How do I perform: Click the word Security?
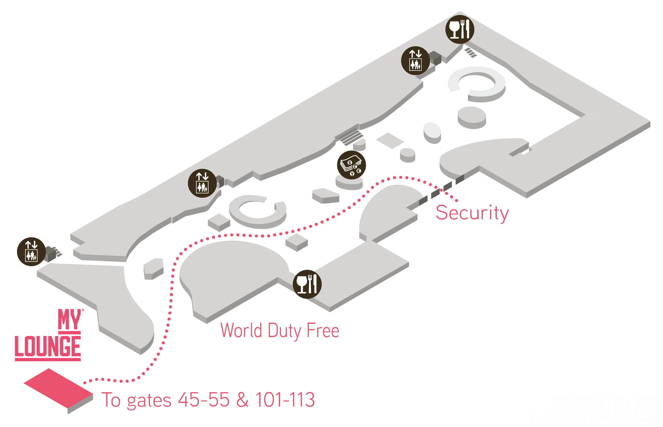click(x=472, y=213)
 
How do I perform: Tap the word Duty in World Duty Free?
click(x=284, y=331)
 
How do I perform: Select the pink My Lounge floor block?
click(x=57, y=388)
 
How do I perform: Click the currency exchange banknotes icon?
click(x=351, y=165)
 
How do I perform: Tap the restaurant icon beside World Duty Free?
click(x=307, y=284)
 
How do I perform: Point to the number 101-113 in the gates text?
click(x=285, y=400)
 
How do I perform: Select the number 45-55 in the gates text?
click(x=204, y=400)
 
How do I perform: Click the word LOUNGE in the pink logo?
click(x=48, y=346)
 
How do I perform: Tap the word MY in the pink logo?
click(x=69, y=320)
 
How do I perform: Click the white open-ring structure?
click(x=477, y=83)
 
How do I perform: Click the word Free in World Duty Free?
click(x=323, y=331)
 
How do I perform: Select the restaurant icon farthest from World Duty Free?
click(x=459, y=29)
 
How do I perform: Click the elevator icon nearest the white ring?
click(x=415, y=61)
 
